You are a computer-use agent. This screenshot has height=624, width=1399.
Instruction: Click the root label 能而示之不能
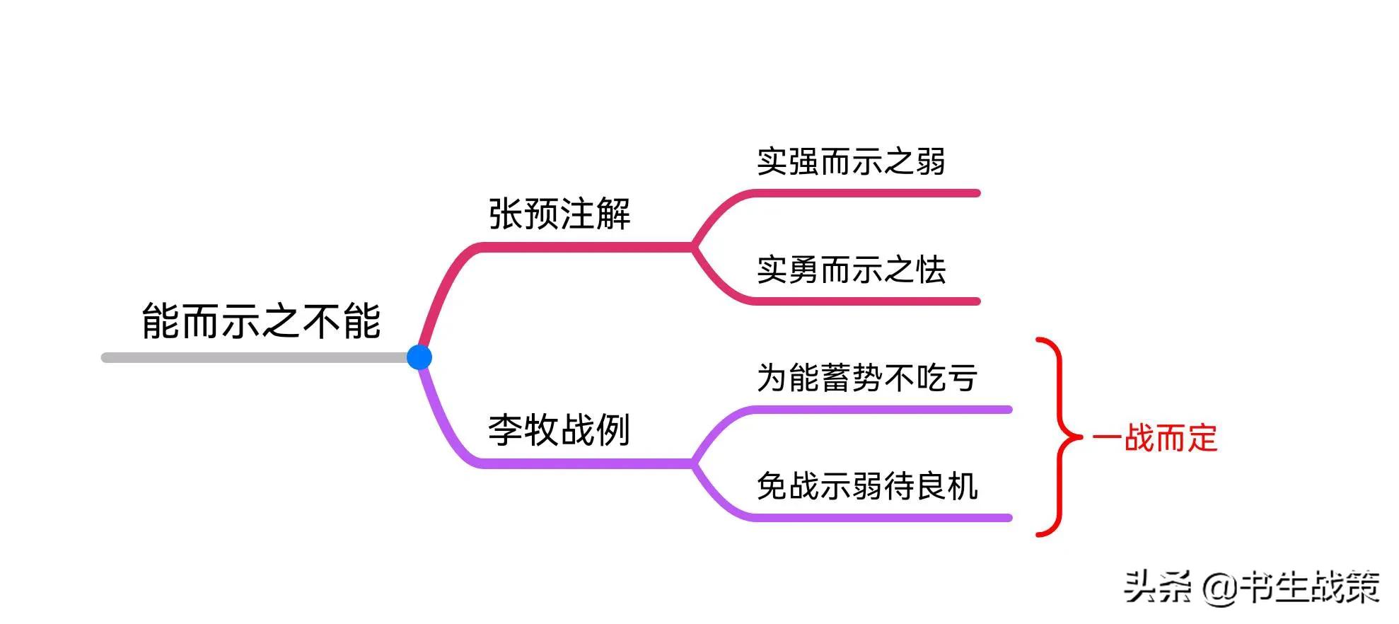click(x=261, y=321)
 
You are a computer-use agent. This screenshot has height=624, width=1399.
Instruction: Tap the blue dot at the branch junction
click(x=419, y=357)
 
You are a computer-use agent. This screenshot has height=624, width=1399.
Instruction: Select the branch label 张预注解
click(x=559, y=214)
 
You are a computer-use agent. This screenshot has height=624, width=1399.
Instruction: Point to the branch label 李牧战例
click(x=559, y=430)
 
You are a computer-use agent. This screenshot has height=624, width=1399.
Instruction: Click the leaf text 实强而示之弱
click(x=851, y=162)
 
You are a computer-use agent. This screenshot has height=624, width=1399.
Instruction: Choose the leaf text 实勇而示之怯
click(x=851, y=270)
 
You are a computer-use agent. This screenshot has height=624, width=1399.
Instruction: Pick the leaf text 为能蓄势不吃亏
click(x=867, y=379)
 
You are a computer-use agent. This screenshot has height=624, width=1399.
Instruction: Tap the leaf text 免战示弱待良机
click(x=867, y=487)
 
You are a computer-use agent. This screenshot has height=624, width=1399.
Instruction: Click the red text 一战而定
click(x=1154, y=439)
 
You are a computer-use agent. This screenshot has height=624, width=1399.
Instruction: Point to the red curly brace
click(x=1059, y=437)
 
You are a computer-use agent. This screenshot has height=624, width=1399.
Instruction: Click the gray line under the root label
click(x=255, y=358)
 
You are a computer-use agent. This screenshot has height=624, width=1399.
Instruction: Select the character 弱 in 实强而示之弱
click(x=931, y=162)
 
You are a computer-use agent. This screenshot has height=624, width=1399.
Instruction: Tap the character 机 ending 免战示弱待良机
click(x=963, y=487)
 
